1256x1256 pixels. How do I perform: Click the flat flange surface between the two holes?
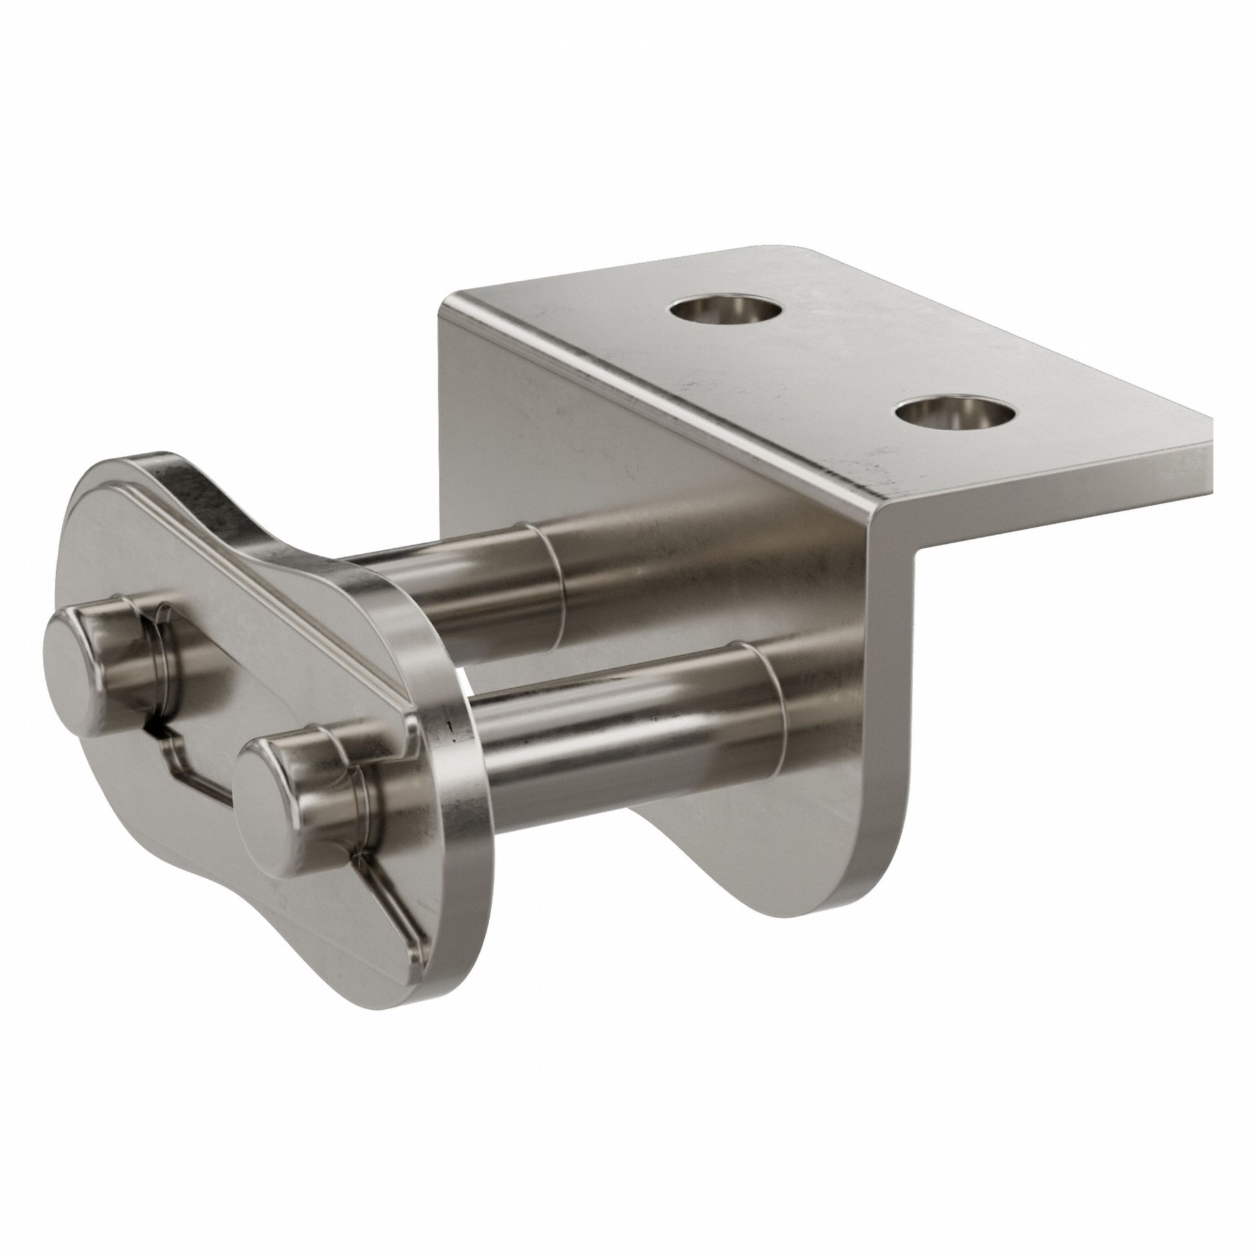coord(838,364)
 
